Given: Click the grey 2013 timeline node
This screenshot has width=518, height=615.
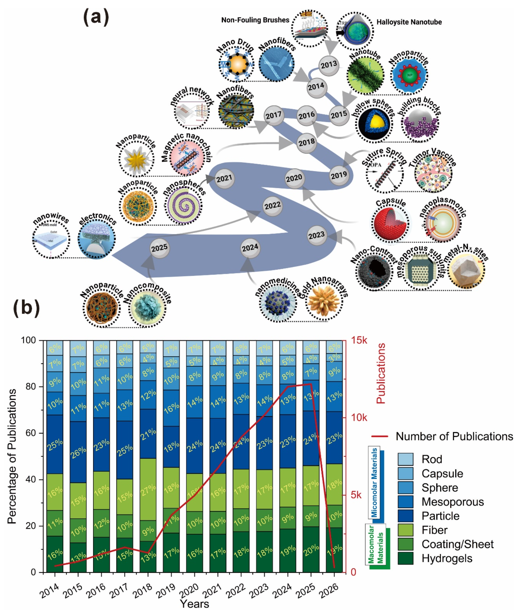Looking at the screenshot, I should [329, 65].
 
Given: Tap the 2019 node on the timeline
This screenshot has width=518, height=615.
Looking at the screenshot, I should [339, 175].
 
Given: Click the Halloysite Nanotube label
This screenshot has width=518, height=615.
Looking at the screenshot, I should [409, 22].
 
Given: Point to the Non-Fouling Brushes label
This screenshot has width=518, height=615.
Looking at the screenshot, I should [255, 20].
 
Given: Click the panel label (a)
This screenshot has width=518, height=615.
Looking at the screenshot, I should [96, 17].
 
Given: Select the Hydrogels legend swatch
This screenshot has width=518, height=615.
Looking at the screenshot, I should [405, 558].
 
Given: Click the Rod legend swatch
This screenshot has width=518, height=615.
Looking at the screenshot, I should [405, 459].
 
